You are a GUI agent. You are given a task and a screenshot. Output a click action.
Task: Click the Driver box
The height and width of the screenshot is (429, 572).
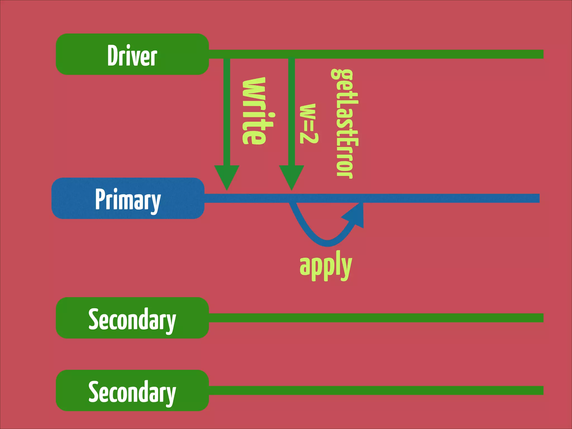[x=132, y=54]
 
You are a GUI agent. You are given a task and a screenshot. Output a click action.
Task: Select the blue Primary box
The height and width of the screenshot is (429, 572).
[x=128, y=198]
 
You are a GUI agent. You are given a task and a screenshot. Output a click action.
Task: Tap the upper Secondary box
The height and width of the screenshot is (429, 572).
[x=132, y=318]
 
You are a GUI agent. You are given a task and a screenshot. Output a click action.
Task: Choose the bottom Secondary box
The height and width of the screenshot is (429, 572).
[x=132, y=390]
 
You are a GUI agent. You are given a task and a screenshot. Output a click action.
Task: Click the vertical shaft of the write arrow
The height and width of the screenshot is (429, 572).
[x=227, y=112]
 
